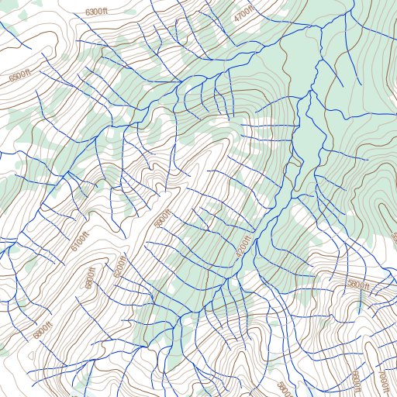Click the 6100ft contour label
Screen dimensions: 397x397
coord(80,242)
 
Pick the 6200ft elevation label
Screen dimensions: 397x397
coord(119,268)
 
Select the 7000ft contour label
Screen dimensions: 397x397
coord(381,381)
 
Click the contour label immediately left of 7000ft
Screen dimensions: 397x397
coord(356,381)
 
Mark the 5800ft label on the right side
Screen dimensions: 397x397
coord(359,285)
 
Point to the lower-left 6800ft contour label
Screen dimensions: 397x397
coord(41,330)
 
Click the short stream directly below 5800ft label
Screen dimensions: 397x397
coord(360,304)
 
